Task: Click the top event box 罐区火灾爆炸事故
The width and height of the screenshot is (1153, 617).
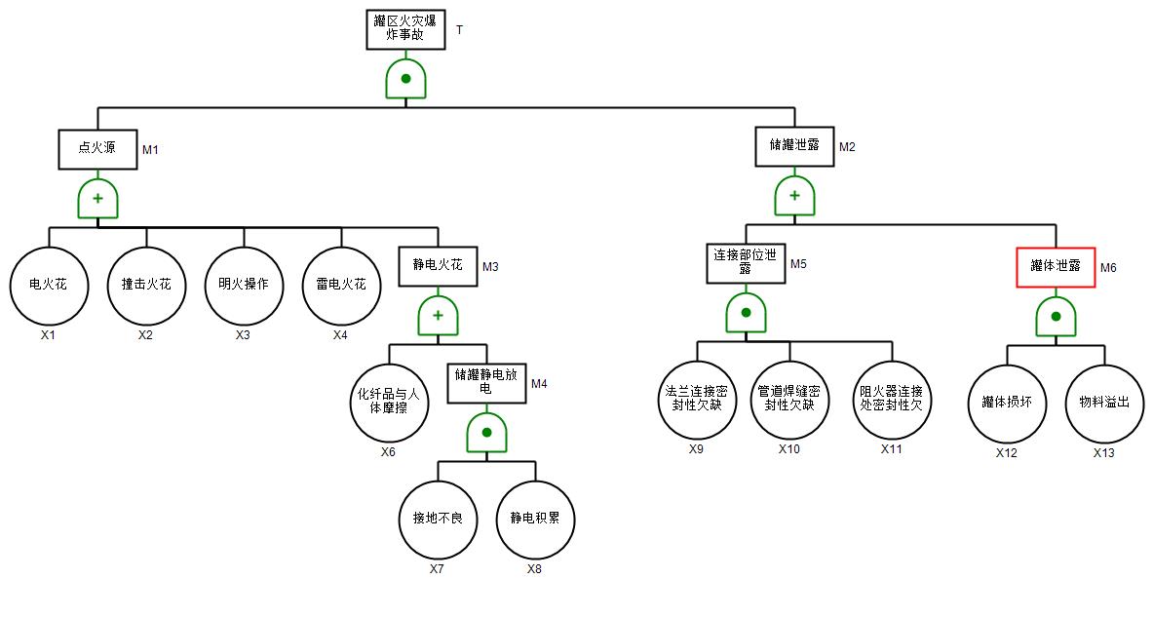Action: point(405,29)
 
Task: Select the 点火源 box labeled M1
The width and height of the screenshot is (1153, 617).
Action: point(97,148)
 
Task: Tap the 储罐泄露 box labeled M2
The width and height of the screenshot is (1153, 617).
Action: point(794,145)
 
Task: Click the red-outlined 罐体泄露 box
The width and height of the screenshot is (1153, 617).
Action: point(1056,266)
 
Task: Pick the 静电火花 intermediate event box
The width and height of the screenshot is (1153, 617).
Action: point(438,265)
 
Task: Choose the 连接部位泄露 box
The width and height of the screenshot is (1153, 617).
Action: point(746,262)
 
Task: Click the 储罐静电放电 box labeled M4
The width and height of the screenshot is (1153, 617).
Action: point(486,383)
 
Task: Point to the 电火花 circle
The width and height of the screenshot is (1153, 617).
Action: point(49,286)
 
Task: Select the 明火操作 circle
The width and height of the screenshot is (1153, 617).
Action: point(244,286)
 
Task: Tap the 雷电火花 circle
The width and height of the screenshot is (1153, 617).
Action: point(341,286)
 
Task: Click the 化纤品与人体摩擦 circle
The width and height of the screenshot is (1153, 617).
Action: point(389,402)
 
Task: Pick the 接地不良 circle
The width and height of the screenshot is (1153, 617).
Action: point(439,519)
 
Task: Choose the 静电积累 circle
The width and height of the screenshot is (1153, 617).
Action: point(535,519)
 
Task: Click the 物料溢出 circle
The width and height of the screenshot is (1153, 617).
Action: point(1103,403)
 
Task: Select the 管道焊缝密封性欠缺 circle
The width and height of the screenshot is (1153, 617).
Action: point(789,399)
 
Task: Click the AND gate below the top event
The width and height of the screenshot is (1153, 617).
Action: point(405,78)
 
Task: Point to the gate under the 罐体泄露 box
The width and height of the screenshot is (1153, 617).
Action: point(1056,316)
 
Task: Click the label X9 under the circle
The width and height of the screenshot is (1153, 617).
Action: point(696,449)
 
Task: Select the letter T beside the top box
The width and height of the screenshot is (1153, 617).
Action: point(459,29)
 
